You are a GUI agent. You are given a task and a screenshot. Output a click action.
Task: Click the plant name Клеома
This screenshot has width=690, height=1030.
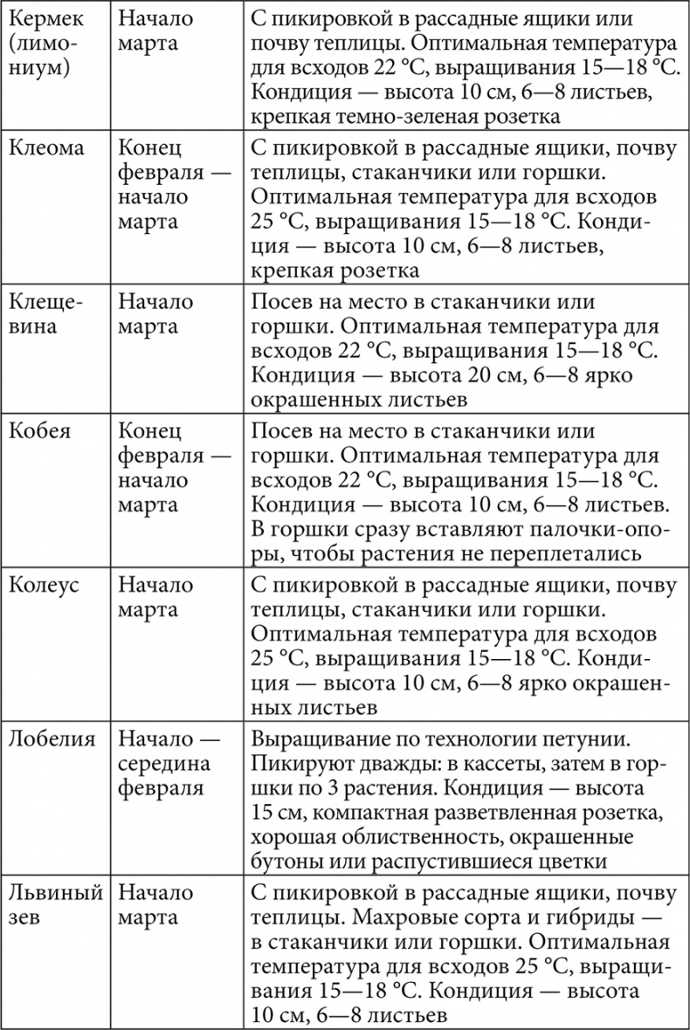point(46,148)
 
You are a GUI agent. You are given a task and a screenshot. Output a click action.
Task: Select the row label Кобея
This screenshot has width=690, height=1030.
point(40,431)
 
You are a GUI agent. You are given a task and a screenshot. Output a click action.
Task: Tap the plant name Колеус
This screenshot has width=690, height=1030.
point(44,584)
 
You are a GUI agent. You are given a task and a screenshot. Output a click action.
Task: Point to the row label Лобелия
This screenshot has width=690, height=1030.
point(51,738)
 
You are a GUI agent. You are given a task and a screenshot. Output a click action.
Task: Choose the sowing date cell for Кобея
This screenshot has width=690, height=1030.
point(170,468)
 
